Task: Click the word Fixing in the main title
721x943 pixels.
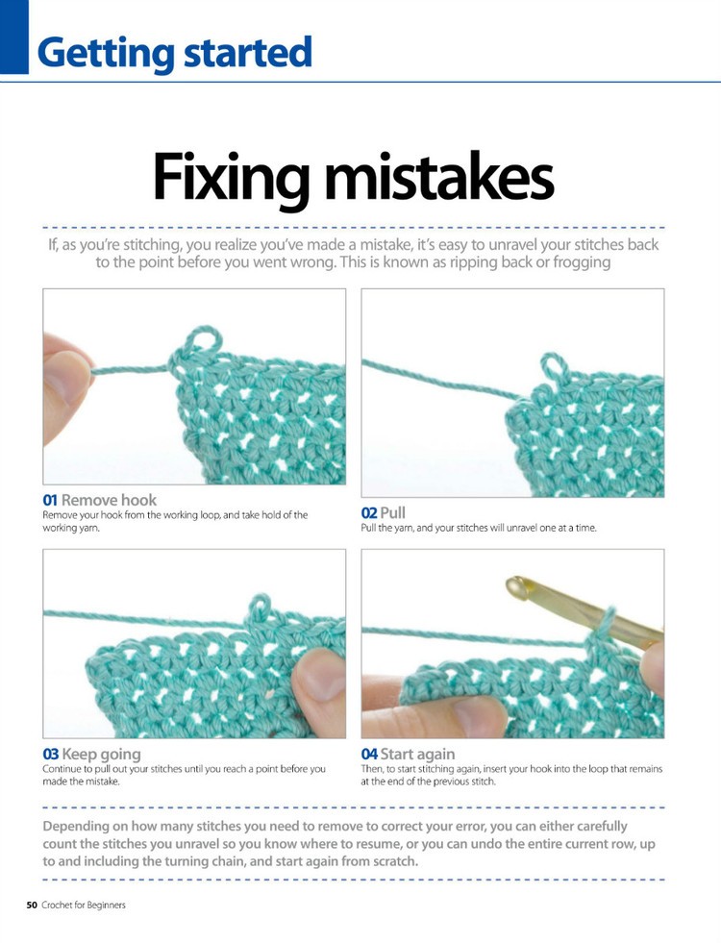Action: coord(230,180)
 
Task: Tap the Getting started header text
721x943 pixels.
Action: coord(174,52)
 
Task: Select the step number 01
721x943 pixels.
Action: coord(51,500)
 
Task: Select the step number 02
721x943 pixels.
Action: coord(369,513)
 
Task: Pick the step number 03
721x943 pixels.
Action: coord(51,755)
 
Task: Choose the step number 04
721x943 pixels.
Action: coord(369,755)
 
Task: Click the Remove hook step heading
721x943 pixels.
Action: coord(109,500)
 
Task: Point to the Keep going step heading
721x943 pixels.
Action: coord(101,755)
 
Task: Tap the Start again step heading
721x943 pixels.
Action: coord(417,755)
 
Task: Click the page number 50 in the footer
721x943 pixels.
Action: coord(32,905)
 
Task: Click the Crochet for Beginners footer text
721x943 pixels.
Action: coord(84,905)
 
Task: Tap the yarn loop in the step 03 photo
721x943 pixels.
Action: coord(259,606)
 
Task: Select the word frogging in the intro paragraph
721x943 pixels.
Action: coord(579,262)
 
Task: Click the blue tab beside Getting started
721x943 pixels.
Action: coord(14,37)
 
